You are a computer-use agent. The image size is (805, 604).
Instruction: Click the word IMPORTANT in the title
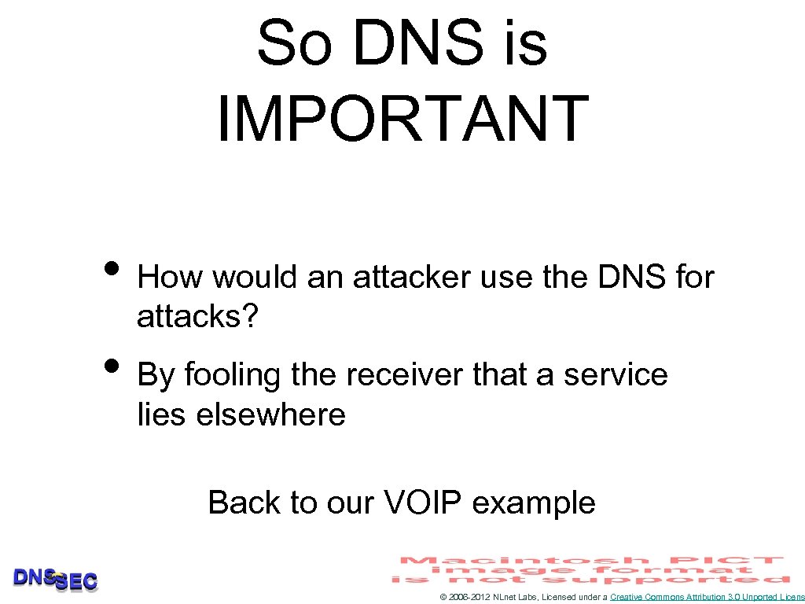click(402, 119)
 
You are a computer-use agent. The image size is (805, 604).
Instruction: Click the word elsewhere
click(270, 414)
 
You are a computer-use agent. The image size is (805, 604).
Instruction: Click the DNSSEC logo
click(55, 580)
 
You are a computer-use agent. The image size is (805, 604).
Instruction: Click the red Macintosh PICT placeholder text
click(592, 569)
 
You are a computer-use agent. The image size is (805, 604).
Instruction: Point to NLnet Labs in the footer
click(514, 598)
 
